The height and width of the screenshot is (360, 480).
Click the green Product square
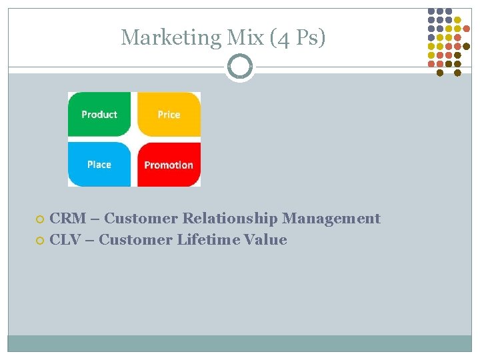[99, 114]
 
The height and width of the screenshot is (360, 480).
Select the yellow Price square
[169, 114]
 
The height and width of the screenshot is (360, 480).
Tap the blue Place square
[99, 164]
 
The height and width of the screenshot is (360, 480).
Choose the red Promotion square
[169, 164]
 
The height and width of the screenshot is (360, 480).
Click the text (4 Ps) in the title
[298, 37]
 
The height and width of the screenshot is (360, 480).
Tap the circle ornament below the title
[240, 67]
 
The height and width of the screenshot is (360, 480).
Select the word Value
[265, 239]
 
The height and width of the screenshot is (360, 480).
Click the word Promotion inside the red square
[169, 165]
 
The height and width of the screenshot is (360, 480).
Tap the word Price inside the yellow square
[169, 115]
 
